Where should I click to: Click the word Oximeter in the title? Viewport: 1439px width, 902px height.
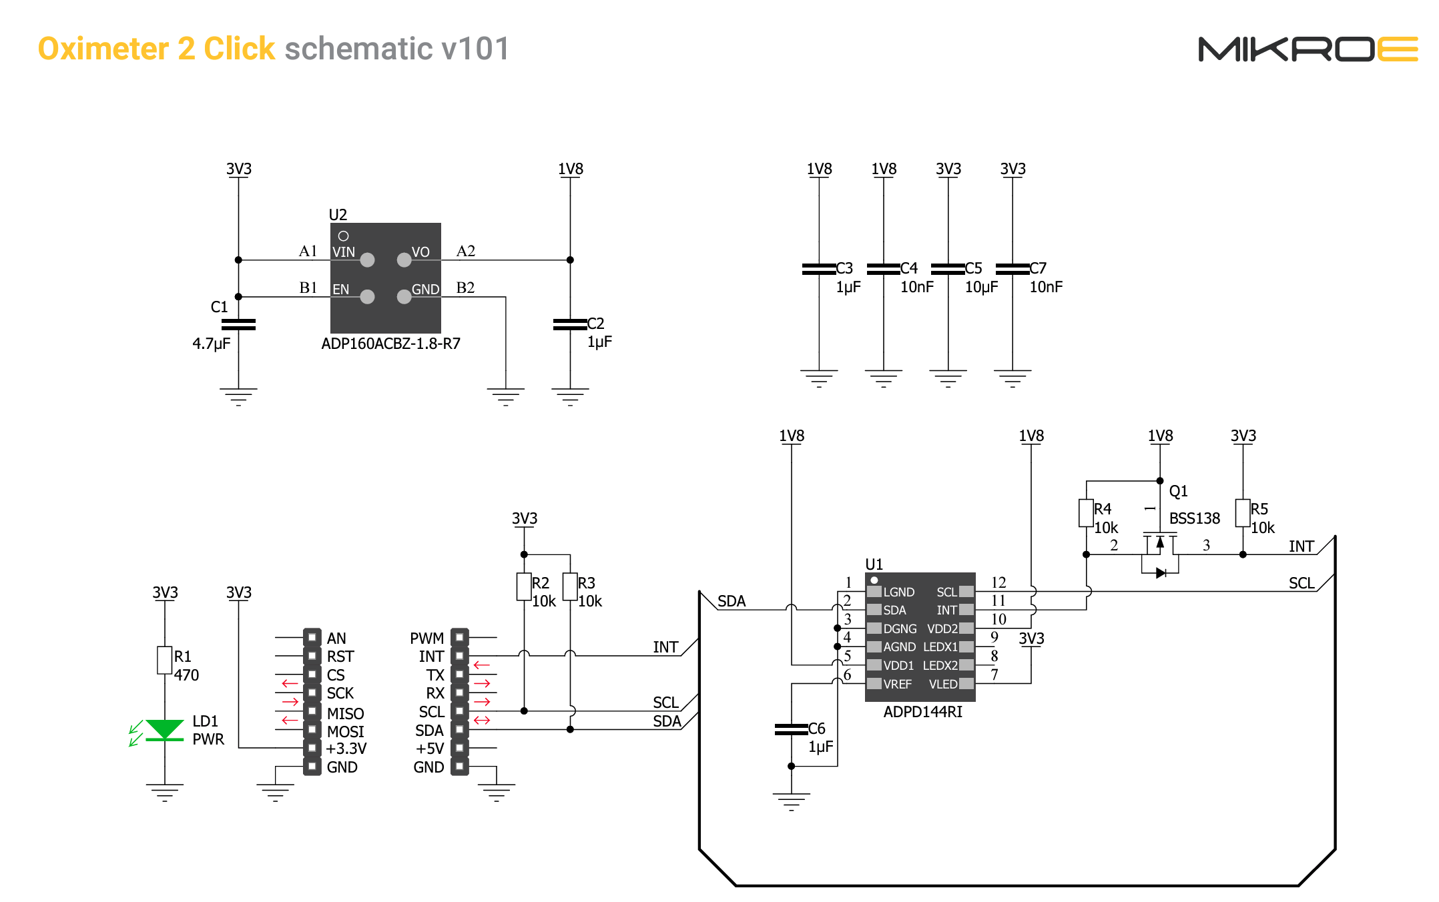103,49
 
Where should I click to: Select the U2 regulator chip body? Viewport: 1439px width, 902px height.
385,278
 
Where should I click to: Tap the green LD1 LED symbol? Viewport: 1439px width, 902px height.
164,729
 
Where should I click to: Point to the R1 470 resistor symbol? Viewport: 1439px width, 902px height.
164,660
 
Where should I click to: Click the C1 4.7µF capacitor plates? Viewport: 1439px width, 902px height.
238,325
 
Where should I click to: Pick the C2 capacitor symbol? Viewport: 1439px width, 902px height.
570,325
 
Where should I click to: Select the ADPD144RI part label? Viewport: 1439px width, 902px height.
922,712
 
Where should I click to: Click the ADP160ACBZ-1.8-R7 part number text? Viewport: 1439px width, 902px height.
390,344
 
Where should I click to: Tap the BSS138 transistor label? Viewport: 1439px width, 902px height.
1194,518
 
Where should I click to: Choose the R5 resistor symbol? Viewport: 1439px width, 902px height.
1242,513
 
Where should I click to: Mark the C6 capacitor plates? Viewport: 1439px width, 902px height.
792,729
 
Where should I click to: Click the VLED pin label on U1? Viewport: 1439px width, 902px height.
942,685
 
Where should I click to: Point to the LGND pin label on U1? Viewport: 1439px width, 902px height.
898,592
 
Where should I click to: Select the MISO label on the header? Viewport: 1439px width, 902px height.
345,714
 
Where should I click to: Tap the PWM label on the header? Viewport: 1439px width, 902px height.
426,638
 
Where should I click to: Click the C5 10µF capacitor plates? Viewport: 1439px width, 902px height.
948,269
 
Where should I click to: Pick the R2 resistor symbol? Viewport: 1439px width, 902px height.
524,587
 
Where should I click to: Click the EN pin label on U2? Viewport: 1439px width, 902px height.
340,290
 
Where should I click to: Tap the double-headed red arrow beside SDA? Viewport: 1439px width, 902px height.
482,721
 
